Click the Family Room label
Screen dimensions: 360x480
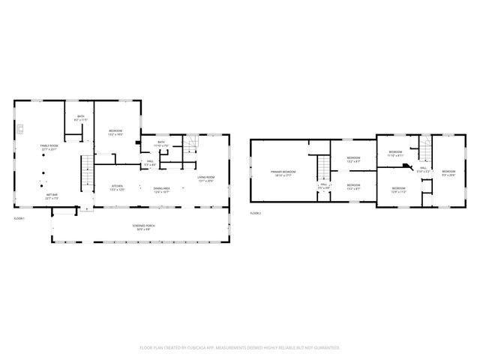click(49, 147)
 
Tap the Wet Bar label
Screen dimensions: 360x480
click(52, 196)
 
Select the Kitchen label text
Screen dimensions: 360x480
click(117, 187)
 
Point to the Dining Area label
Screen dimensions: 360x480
click(161, 190)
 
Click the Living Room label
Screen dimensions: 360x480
click(206, 178)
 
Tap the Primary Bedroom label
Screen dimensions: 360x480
click(283, 173)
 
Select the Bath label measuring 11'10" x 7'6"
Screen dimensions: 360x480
click(161, 144)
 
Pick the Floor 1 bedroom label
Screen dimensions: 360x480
click(115, 133)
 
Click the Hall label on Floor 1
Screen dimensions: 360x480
click(151, 163)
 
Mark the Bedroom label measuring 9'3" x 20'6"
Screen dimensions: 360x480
click(448, 173)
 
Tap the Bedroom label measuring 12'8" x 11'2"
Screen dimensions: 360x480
click(398, 190)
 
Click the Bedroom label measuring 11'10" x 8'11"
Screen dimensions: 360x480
click(395, 153)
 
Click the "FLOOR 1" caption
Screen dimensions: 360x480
click(19, 218)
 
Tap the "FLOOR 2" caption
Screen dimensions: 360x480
click(256, 214)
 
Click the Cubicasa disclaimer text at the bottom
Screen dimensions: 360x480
click(240, 347)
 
